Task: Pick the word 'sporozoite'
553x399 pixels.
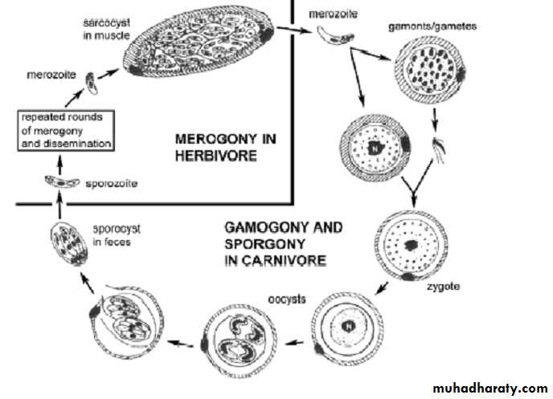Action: [x=111, y=184]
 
